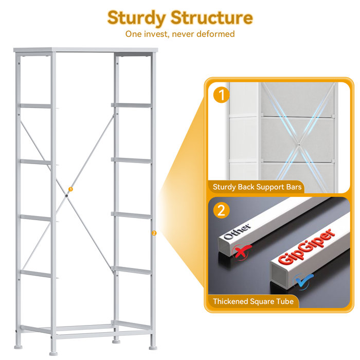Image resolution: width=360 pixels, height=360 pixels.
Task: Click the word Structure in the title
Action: click(211, 17)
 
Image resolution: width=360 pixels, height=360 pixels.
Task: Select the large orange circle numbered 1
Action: click(221, 95)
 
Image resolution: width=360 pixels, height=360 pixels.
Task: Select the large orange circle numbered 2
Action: click(221, 210)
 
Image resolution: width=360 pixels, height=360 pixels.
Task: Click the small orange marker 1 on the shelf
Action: click(71, 189)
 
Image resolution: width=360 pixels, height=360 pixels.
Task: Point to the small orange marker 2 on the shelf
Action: click(154, 233)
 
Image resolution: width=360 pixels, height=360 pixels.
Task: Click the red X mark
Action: click(242, 251)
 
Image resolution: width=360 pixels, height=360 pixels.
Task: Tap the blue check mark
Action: click(303, 281)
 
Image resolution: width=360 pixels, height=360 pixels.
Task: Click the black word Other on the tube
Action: click(237, 231)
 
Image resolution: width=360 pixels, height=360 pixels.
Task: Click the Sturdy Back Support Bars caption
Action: click(257, 187)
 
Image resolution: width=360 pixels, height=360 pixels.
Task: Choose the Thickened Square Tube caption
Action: click(253, 301)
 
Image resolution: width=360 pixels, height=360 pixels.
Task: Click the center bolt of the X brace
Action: click(66, 195)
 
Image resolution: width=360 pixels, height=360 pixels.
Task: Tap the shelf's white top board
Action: click(86, 50)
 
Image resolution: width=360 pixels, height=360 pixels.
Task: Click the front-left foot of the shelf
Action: click(53, 353)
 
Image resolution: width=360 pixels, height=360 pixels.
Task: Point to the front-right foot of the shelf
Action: click(153, 348)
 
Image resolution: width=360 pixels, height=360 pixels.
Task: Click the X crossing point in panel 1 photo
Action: click(298, 145)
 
